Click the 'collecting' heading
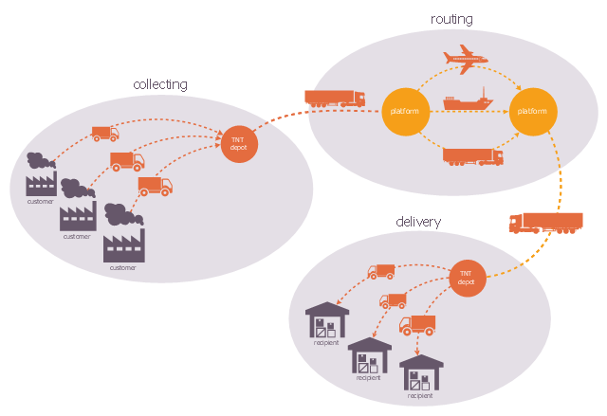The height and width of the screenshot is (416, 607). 160,84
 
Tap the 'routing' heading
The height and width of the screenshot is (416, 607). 451,19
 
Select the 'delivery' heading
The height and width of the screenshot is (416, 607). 418,222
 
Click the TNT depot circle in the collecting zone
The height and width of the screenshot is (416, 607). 237,144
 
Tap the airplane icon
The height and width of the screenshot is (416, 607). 465,60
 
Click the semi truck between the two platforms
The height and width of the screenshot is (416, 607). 472,157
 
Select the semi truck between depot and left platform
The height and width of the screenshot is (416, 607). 334,98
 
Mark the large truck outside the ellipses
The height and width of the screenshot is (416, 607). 545,223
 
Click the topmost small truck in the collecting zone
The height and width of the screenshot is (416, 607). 104,134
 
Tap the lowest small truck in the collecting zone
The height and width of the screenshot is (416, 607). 155,186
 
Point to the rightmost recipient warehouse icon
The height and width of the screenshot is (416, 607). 421,372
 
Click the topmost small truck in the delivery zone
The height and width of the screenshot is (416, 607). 380,272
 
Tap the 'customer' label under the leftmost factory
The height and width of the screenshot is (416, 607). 40,201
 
